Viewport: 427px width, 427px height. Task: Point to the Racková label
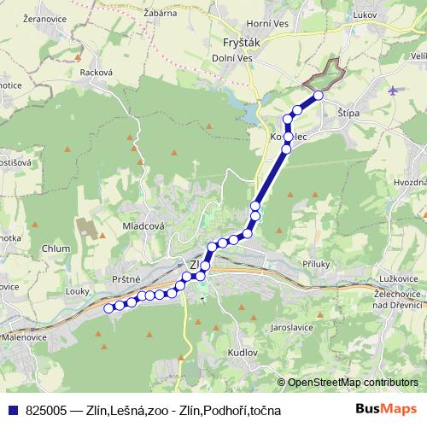pyautogui.click(x=96, y=73)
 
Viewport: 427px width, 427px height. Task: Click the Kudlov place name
pyautogui.click(x=243, y=352)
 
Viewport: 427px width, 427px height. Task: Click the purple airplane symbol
pyautogui.click(x=392, y=91)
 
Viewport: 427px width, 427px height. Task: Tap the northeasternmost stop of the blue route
pyautogui.click(x=319, y=96)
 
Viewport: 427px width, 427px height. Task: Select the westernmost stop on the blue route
pyautogui.click(x=108, y=308)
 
